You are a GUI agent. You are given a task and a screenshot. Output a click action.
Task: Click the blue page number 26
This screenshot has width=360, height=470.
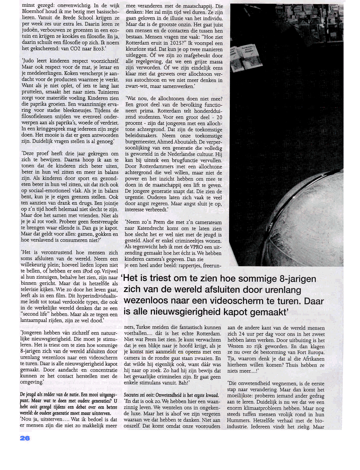point(25,438)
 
